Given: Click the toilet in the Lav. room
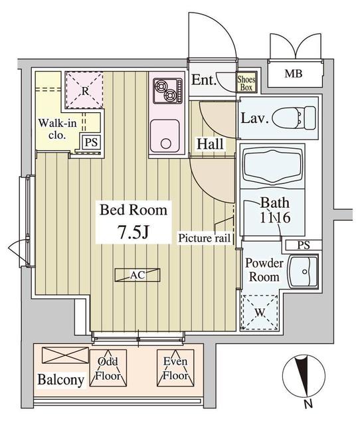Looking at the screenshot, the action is (294, 118).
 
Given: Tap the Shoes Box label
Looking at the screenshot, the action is (246, 83).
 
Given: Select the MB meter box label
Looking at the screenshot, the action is (294, 74).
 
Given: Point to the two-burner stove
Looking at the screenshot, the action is (167, 91).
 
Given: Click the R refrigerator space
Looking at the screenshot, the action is (85, 90).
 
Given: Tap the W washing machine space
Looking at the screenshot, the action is (260, 312).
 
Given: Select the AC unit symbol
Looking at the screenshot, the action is (137, 275).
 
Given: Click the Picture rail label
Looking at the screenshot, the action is (204, 238).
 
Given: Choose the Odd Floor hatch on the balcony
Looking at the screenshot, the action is (108, 368).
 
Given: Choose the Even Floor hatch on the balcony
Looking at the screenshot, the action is (175, 368).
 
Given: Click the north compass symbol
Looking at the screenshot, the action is (304, 379).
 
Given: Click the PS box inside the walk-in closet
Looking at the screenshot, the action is (91, 142).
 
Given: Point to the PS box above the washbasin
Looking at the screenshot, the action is (304, 245).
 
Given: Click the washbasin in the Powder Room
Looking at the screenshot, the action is (303, 272).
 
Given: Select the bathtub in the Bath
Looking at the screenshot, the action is (272, 165).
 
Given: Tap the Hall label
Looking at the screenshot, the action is (210, 143).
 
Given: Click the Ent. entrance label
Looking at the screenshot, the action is (204, 80).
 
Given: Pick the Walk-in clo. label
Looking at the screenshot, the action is (57, 129).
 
